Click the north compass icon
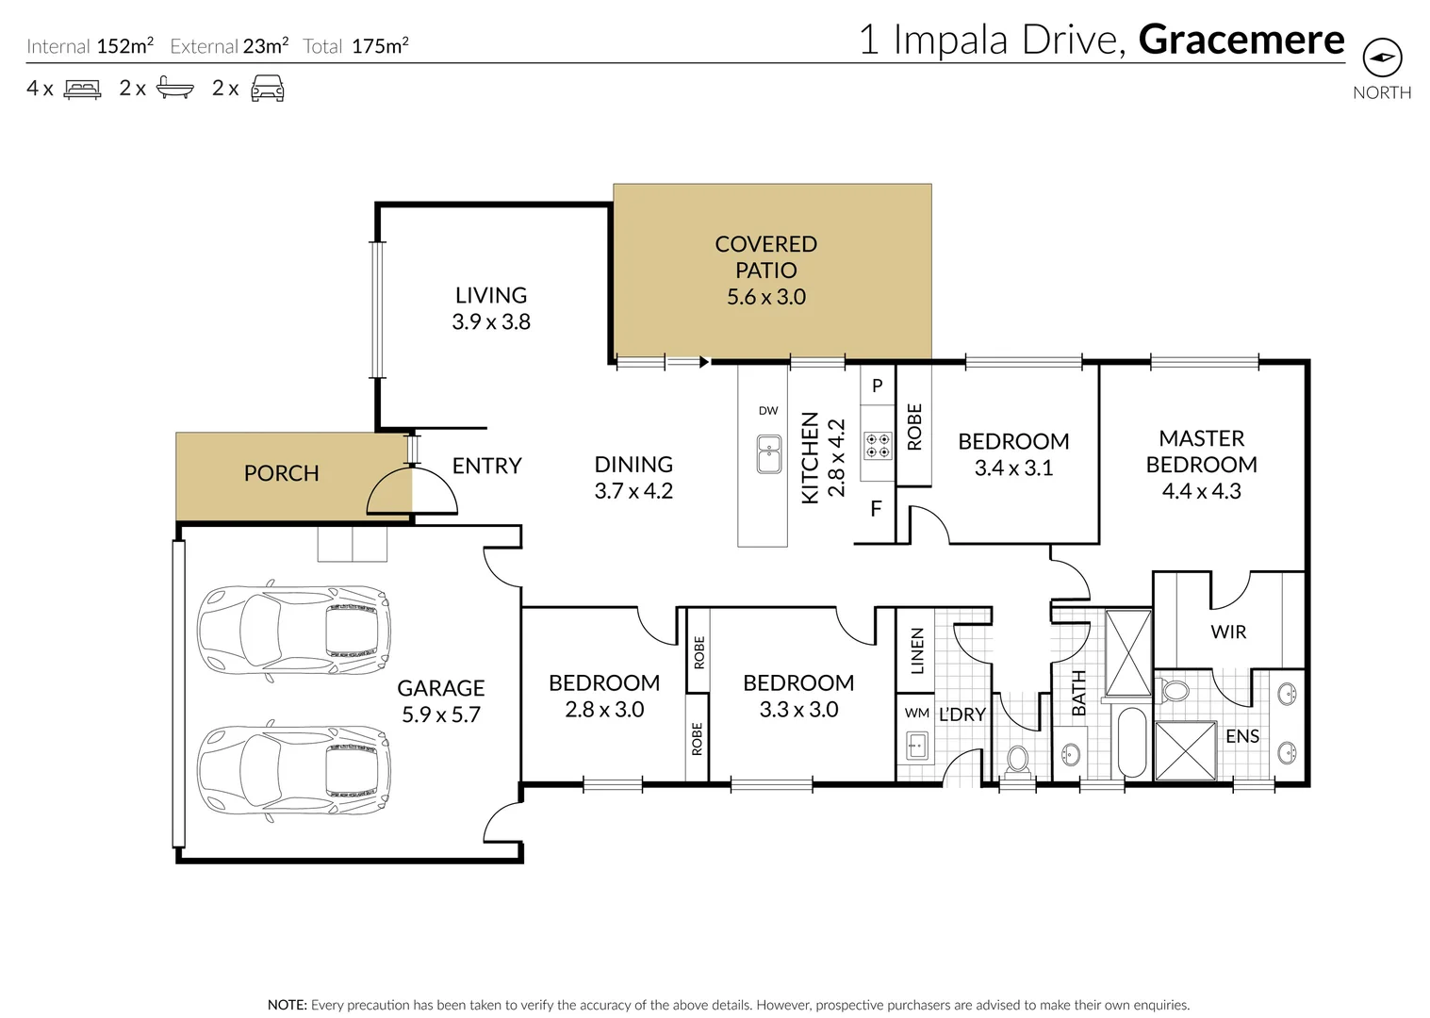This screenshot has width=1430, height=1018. pyautogui.click(x=1382, y=57)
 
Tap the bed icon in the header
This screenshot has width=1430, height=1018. pyautogui.click(x=82, y=89)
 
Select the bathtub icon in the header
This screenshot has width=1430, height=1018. pyautogui.click(x=175, y=88)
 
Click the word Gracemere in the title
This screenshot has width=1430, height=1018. pyautogui.click(x=1241, y=40)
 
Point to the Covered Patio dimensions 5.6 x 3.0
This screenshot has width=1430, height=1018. pyautogui.click(x=766, y=297)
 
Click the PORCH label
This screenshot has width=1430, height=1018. pyautogui.click(x=282, y=473)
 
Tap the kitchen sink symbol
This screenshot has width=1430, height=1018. pyautogui.click(x=768, y=453)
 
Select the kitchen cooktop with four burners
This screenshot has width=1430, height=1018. pyautogui.click(x=878, y=446)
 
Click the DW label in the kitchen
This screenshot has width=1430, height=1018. pyautogui.click(x=768, y=411)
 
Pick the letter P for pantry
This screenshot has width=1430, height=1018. pyautogui.click(x=878, y=386)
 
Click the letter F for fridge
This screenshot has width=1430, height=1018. pyautogui.click(x=877, y=509)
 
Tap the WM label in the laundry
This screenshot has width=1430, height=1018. pyautogui.click(x=917, y=713)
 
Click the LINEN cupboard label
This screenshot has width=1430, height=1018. pyautogui.click(x=917, y=651)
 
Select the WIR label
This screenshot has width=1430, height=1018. pyautogui.click(x=1228, y=632)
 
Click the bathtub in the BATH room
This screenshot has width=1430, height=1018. pyautogui.click(x=1132, y=742)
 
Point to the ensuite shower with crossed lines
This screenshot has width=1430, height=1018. pyautogui.click(x=1186, y=750)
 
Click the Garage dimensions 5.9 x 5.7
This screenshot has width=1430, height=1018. pyautogui.click(x=441, y=714)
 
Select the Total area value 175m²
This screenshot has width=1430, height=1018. pyautogui.click(x=381, y=46)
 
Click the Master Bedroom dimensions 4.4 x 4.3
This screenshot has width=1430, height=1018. pyautogui.click(x=1202, y=491)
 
